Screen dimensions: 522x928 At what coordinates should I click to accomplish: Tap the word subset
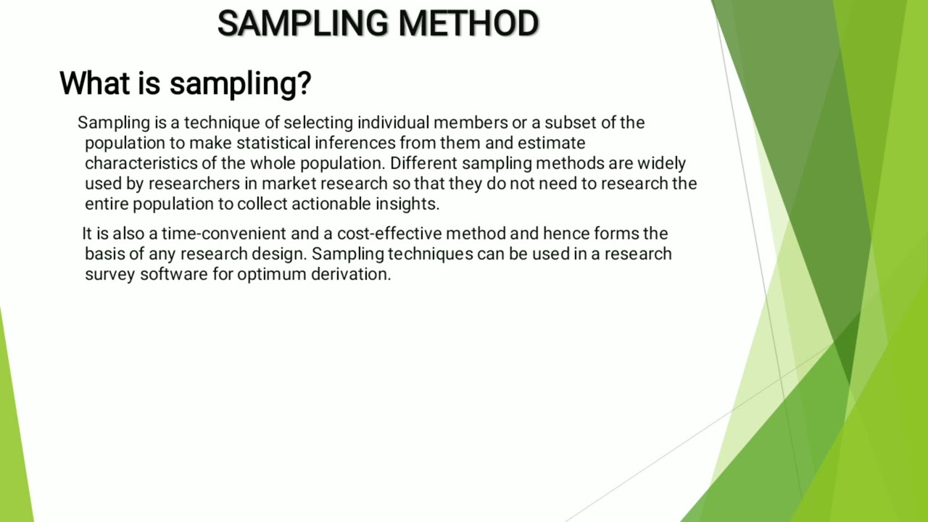570,123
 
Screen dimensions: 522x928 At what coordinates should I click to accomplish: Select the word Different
423,163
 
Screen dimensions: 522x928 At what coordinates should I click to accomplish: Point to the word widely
661,163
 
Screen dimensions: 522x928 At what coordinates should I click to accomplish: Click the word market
286,183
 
